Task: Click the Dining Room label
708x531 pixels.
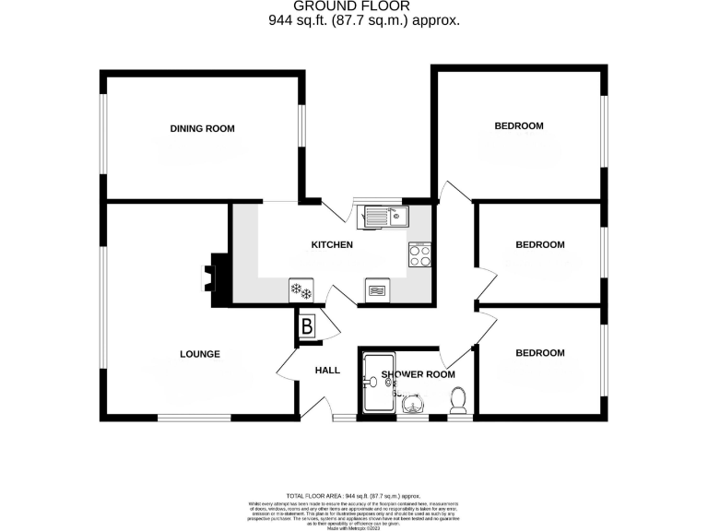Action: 203,128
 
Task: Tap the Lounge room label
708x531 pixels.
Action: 200,353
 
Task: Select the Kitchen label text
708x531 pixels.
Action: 332,245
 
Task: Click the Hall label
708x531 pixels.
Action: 327,371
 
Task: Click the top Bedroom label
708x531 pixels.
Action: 518,126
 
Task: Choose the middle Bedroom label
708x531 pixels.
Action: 539,244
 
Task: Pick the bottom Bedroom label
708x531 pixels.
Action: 539,353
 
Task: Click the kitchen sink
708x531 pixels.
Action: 386,217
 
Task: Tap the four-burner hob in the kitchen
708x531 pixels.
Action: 420,254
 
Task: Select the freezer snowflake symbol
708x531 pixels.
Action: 301,290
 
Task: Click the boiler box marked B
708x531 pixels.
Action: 306,325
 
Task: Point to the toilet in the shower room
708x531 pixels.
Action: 458,399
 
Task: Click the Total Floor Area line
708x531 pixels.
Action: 354,496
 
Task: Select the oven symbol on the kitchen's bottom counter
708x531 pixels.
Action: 378,290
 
